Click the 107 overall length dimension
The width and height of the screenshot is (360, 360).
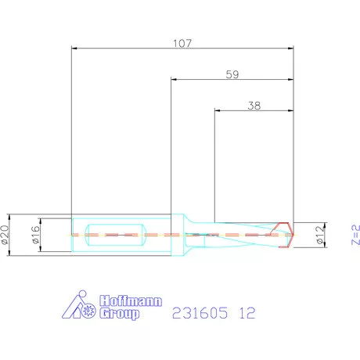point(182,44)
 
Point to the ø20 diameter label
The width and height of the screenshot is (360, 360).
point(6,233)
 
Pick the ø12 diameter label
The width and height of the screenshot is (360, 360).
point(319,234)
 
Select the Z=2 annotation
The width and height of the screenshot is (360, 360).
point(353,234)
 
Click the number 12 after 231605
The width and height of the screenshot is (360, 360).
point(247,313)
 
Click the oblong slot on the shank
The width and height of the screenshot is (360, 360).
point(115,233)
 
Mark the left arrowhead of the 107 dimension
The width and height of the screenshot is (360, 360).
point(74,49)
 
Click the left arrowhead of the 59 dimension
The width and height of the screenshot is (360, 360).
point(174,79)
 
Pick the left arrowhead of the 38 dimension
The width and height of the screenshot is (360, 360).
point(217,109)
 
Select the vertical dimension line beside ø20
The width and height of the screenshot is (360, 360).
point(16,233)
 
